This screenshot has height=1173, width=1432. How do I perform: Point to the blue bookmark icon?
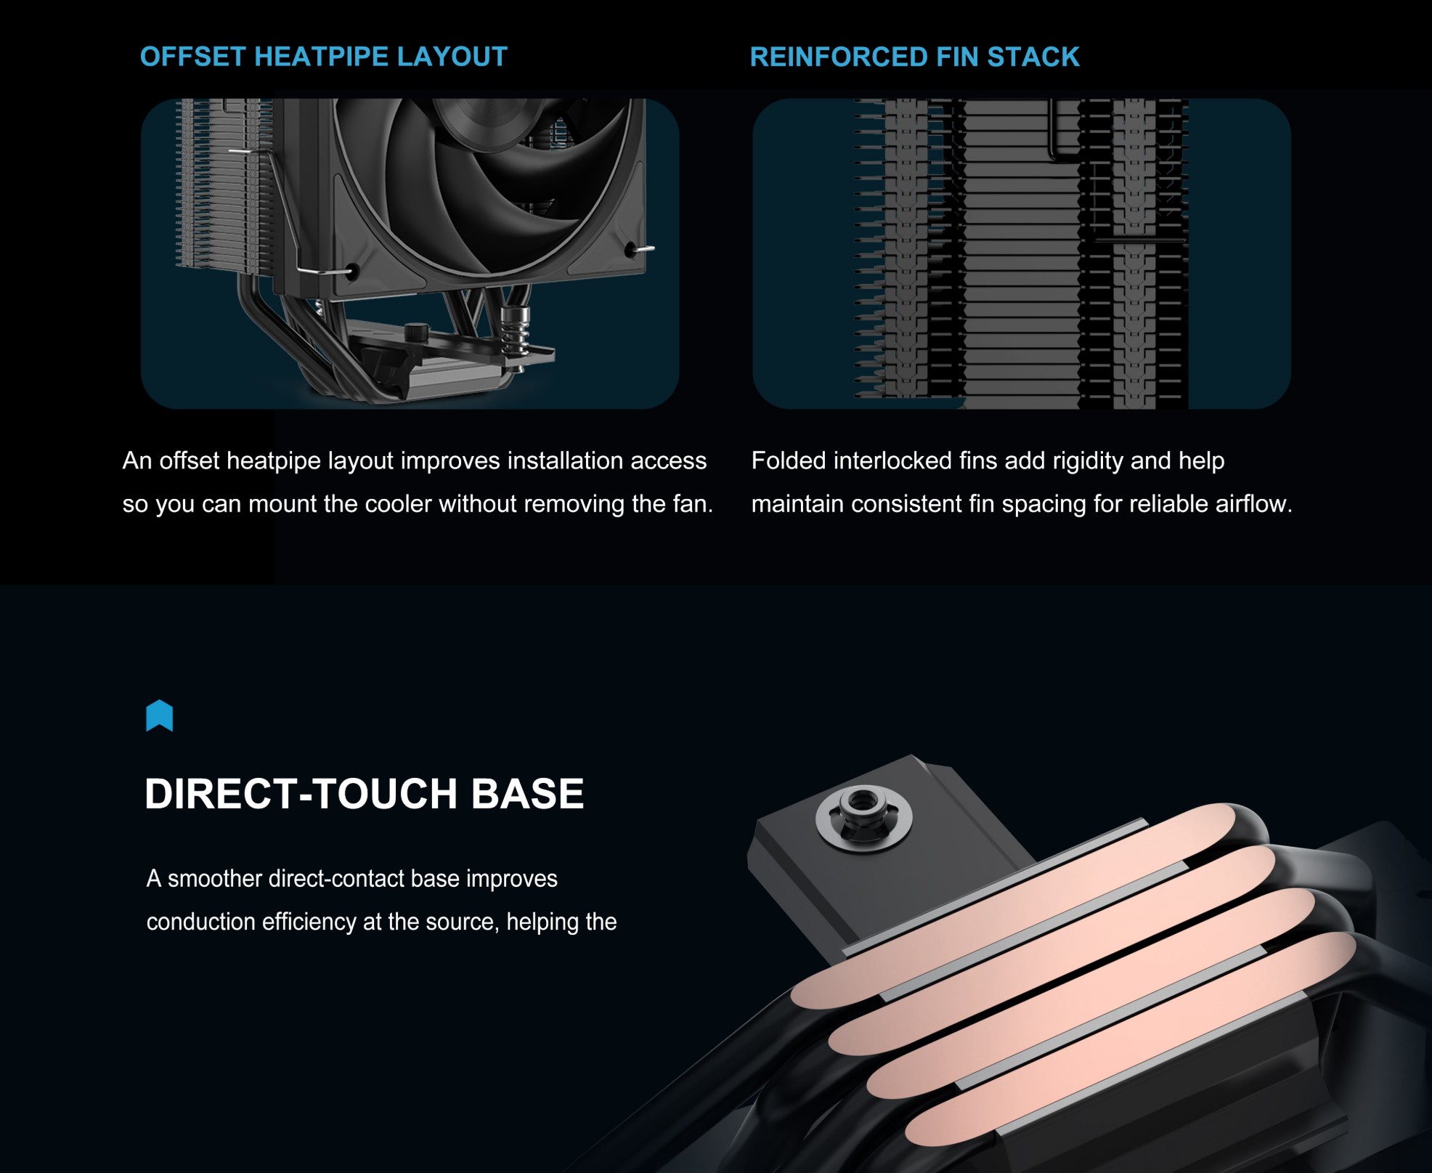coord(160,716)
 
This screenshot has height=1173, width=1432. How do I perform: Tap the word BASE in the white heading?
coord(527,793)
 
